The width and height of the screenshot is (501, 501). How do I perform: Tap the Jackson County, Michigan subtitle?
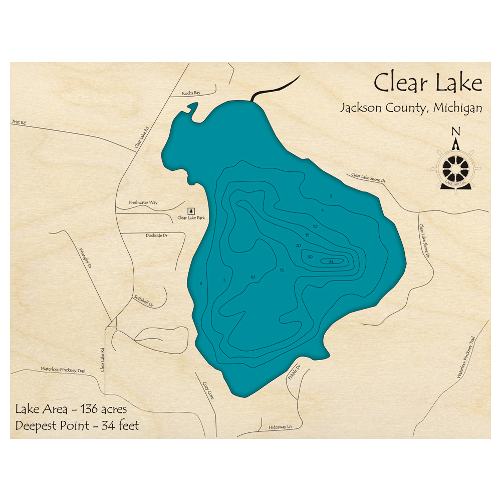(411, 108)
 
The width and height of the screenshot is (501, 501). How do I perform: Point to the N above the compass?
(455, 132)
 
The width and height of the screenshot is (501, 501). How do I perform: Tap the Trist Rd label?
(18, 122)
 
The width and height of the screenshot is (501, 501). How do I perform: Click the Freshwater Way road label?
(143, 202)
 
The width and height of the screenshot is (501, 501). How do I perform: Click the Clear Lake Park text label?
(191, 218)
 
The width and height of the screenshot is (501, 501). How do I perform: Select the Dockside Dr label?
(156, 235)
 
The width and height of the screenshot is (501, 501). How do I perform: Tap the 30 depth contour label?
(310, 257)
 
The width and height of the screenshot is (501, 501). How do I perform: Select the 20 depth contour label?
(298, 245)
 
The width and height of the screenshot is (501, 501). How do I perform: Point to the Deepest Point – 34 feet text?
(77, 425)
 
